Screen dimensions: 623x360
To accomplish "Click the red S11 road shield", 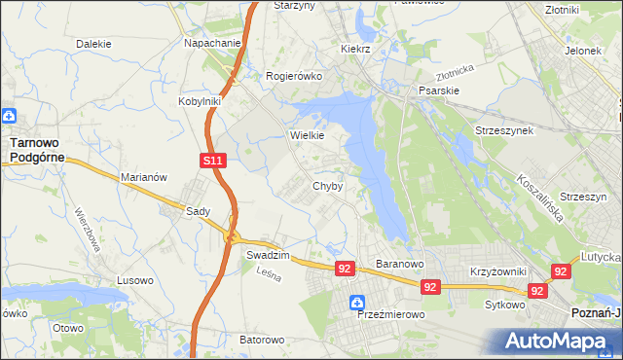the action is (214, 161).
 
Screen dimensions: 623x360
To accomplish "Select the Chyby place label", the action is (326, 186).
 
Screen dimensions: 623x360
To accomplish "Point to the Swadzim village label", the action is (265, 254).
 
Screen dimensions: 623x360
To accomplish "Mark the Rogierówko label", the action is (293, 76).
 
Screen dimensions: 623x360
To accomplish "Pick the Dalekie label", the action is (93, 44).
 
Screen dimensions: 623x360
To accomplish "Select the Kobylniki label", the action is (201, 100).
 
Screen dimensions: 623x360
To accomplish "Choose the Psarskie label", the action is (438, 90).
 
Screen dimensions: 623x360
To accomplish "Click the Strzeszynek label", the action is (503, 130).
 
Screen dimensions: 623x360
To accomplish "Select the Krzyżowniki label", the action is (497, 271).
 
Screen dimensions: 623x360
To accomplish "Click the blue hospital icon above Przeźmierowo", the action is (358, 302).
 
